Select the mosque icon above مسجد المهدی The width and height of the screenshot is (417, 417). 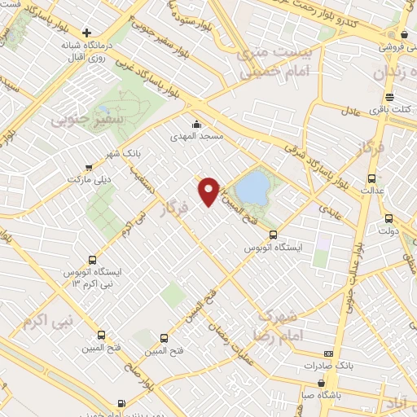pyautogui.click(x=195, y=125)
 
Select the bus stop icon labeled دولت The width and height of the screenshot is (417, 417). pyautogui.click(x=388, y=218)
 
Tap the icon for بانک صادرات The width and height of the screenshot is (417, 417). pyautogui.click(x=328, y=353)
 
